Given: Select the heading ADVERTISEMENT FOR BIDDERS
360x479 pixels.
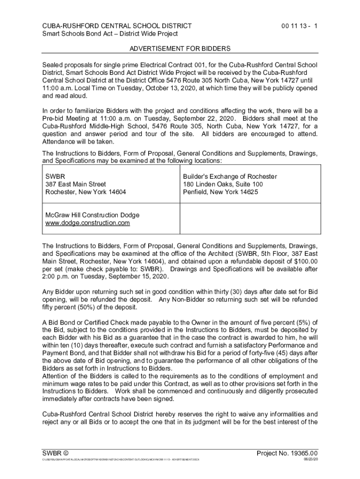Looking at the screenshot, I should coord(180,49).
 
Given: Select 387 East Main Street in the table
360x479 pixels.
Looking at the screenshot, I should coord(75,184).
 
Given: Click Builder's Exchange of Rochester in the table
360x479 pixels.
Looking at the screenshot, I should coord(230,176).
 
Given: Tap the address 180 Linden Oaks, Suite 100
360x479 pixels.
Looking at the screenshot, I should coord(223,184).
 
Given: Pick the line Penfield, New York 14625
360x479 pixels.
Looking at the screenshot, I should coord(221,192).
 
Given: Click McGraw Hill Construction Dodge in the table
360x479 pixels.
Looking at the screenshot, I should coord(92,215).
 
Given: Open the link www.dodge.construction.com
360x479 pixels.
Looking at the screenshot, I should coord(87,223).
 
